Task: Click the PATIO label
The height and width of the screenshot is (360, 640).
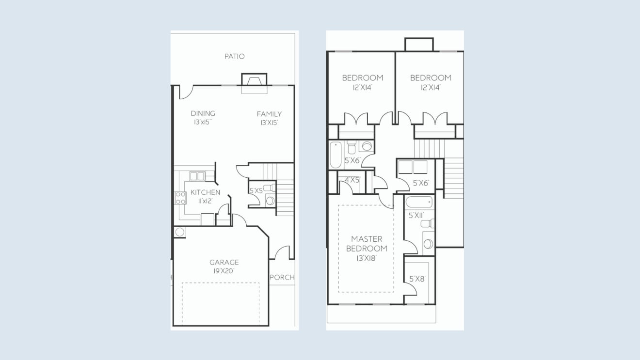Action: pos(234,56)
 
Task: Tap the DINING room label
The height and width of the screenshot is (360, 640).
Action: pos(203,113)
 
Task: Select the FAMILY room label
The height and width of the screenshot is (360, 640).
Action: pos(269,114)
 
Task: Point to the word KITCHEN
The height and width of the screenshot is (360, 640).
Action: pos(205,192)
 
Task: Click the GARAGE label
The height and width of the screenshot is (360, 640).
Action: pos(224,262)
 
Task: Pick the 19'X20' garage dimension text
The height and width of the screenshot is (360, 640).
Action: pos(224,271)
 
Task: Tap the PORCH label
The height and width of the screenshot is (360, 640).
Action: pos(282,277)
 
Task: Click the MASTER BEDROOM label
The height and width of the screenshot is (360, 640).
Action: pos(367,244)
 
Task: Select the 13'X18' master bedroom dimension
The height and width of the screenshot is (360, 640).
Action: pos(367,258)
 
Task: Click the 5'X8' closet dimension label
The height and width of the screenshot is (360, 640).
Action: pos(417,279)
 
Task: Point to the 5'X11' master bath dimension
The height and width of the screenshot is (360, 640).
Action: pos(416,215)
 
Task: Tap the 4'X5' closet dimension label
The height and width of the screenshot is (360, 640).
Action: pos(352,180)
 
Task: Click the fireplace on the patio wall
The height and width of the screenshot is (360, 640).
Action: pos(254,79)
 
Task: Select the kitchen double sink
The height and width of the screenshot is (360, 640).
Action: pos(197,176)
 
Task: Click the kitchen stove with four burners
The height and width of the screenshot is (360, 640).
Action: pos(180,198)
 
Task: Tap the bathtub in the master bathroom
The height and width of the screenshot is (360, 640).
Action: pos(419,202)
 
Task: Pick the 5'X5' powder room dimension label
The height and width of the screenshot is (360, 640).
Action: pos(256,191)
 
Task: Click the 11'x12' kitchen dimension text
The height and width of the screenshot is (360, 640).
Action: pos(206,201)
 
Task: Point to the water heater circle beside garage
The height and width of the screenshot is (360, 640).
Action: pos(180,232)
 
